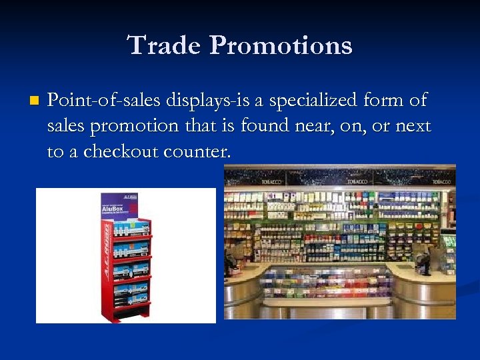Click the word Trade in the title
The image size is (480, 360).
pyautogui.click(x=163, y=45)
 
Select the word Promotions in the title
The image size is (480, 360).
pyautogui.click(x=280, y=45)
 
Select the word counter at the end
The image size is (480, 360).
pyautogui.click(x=197, y=151)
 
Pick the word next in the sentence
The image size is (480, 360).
pyautogui.click(x=413, y=126)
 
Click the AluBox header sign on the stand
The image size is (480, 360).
pyautogui.click(x=119, y=207)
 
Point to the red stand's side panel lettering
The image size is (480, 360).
pyautogui.click(x=107, y=267)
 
